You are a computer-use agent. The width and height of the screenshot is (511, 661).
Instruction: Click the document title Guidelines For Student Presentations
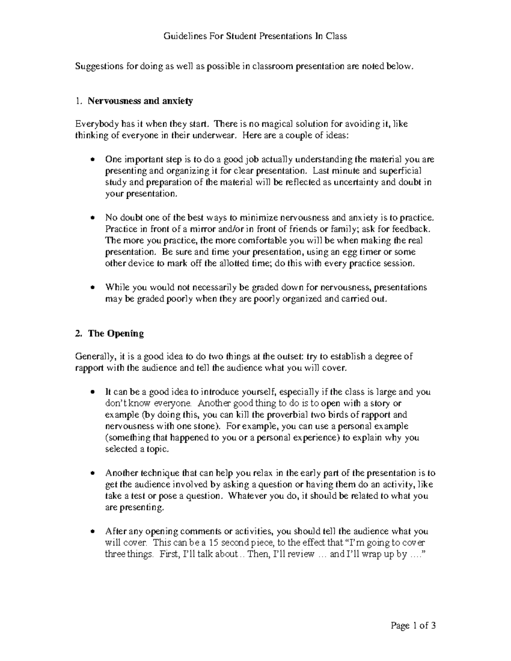[255, 36]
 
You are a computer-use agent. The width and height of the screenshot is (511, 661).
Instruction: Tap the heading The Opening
[115, 334]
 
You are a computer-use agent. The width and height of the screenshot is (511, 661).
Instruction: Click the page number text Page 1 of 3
[413, 626]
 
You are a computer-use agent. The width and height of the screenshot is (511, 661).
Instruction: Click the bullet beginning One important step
[93, 160]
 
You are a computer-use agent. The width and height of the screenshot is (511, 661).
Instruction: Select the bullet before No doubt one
[93, 218]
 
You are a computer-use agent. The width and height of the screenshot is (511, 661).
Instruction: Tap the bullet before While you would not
[93, 288]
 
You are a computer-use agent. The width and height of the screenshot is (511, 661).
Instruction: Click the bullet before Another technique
[93, 473]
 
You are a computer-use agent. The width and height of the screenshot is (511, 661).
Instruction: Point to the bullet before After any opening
[93, 532]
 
